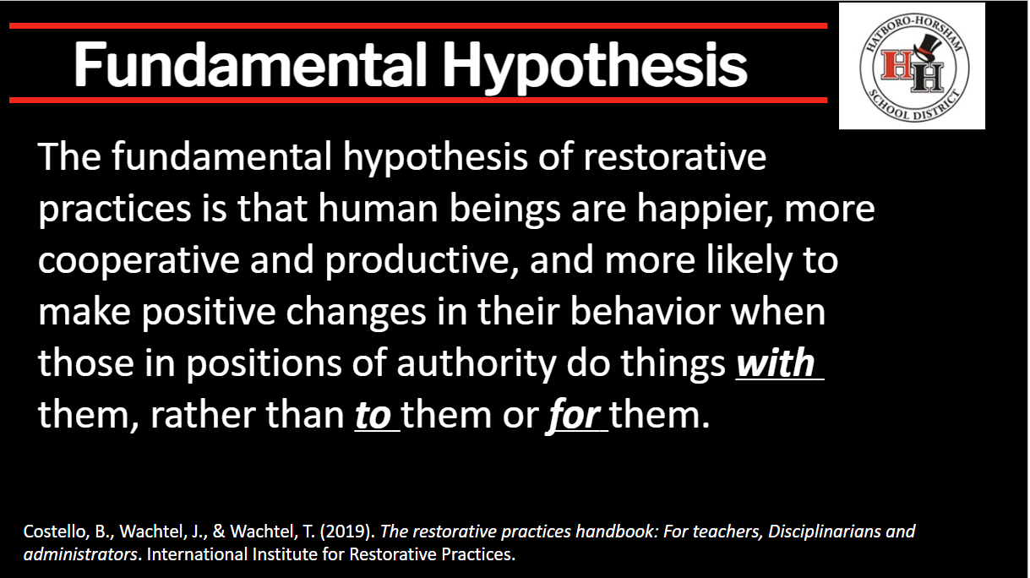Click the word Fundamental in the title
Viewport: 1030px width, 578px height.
coord(250,64)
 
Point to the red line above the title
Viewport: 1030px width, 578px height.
coord(418,25)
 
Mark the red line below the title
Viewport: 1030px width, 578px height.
coord(418,100)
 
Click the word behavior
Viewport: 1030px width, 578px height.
coord(645,312)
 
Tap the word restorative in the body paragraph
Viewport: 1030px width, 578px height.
coord(675,157)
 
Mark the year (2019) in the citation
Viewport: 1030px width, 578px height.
coord(347,532)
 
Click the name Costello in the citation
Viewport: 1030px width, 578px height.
coord(56,532)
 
